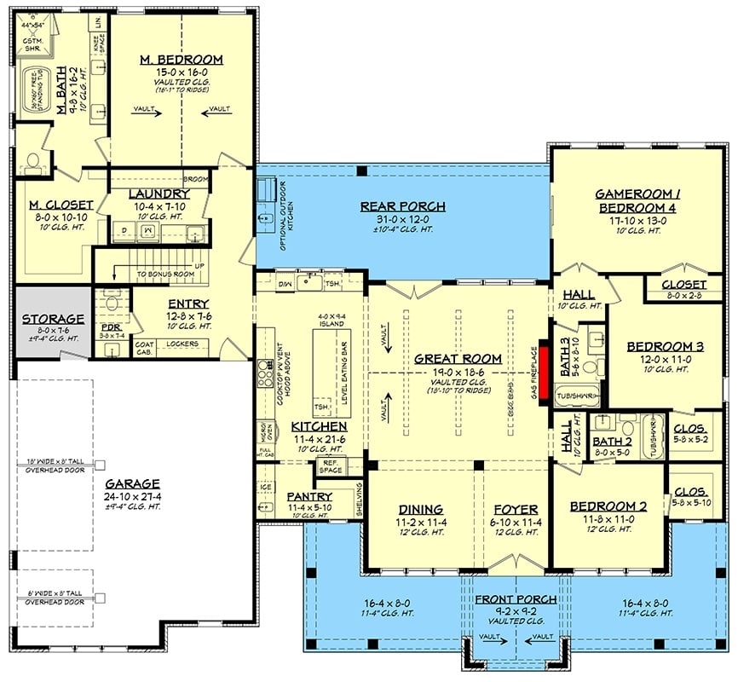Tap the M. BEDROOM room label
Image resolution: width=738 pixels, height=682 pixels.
click(181, 60)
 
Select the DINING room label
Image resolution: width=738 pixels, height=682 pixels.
click(420, 508)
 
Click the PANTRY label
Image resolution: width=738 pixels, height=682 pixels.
click(308, 496)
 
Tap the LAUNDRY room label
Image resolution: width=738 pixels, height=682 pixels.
click(159, 194)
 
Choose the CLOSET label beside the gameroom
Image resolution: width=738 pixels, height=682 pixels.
click(682, 285)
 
